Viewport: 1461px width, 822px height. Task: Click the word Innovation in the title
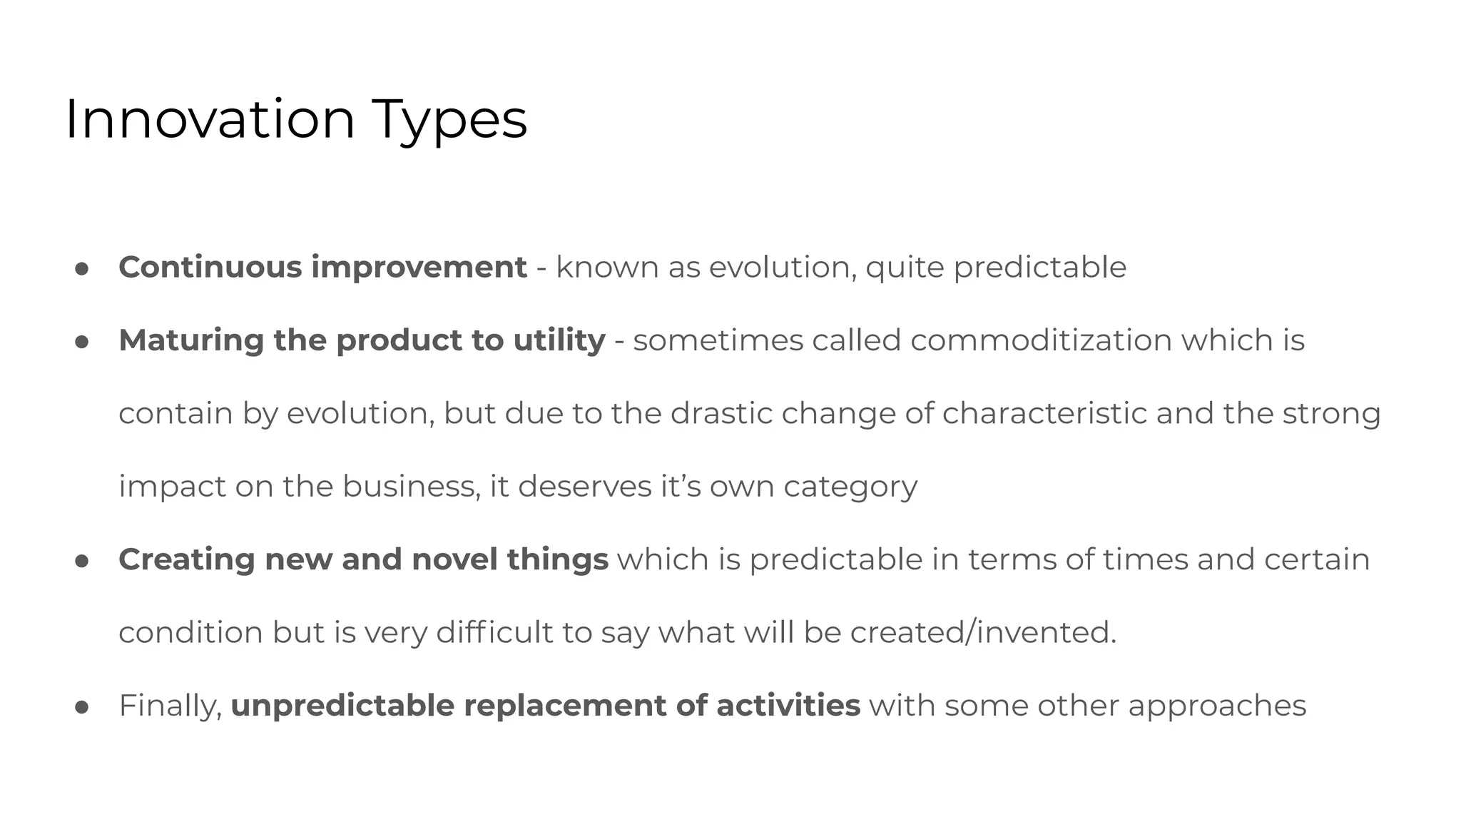pos(210,120)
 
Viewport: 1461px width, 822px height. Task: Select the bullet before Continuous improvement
pos(81,269)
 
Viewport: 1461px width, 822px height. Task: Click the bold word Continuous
pos(210,268)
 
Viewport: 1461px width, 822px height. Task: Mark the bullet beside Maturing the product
pos(81,342)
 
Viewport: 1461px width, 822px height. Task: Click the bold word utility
pos(559,340)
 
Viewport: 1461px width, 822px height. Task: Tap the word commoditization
pos(1041,340)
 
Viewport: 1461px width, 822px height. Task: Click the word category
pos(850,488)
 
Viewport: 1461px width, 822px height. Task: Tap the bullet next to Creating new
pos(81,561)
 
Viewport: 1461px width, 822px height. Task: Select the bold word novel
pos(454,559)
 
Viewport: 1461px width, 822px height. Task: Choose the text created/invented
pos(982,632)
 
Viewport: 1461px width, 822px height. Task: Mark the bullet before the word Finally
pos(81,707)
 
